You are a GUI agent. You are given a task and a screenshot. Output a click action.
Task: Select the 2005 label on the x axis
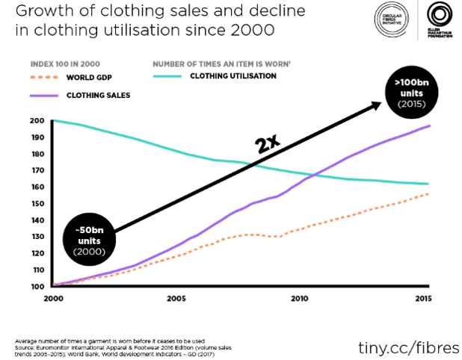pos(176,298)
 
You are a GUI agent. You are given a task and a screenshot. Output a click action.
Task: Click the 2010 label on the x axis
pos(298,298)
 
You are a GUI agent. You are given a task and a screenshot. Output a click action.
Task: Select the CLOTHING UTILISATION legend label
pos(233,75)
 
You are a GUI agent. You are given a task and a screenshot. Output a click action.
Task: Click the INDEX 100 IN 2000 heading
pos(65,63)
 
